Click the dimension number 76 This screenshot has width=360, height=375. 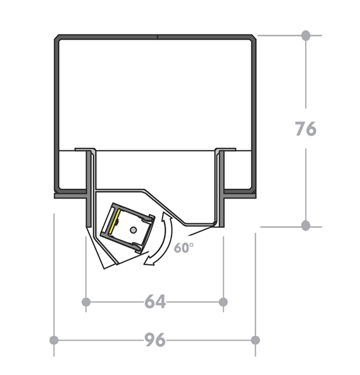(306, 129)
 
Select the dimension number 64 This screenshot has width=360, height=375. (155, 301)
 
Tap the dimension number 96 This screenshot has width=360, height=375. (155, 340)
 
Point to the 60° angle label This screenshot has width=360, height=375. (184, 248)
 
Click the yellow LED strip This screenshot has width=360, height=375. (114, 222)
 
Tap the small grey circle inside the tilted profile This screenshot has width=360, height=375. (133, 230)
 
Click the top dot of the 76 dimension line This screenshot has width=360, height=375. (306, 35)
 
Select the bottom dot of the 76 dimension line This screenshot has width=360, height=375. (306, 226)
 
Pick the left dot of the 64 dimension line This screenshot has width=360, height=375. (86, 302)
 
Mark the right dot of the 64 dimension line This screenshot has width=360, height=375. (223, 302)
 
